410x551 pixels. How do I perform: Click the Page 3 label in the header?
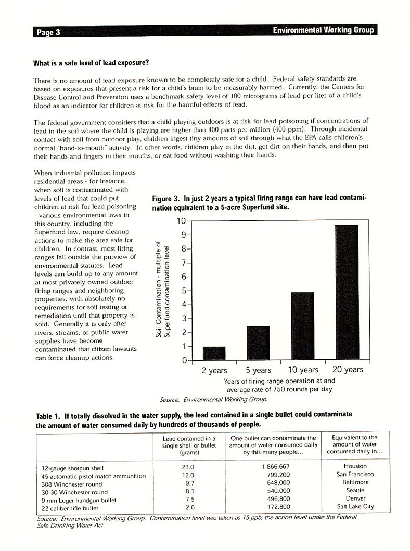tap(48, 32)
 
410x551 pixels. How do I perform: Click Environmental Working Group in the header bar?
tap(323, 31)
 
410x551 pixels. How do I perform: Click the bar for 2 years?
tap(214, 353)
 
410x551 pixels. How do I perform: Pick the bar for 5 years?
tap(258, 343)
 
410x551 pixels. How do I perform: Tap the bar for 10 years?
tap(302, 326)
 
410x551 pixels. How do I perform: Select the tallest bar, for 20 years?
tap(347, 293)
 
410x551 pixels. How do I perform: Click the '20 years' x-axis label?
tap(347, 370)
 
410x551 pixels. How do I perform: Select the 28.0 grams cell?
tap(186, 467)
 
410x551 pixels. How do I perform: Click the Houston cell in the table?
tap(355, 467)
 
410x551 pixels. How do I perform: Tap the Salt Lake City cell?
tap(355, 507)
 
